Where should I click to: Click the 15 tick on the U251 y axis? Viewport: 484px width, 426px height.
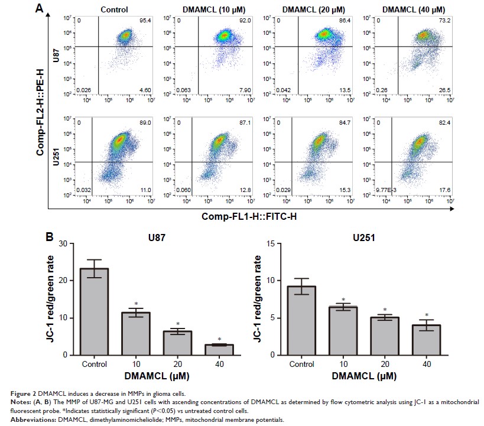[273, 243]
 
